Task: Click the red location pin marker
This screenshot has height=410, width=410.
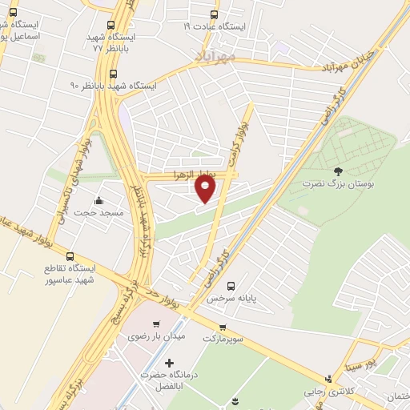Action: (x=206, y=188)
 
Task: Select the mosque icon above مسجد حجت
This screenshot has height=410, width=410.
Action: (x=98, y=201)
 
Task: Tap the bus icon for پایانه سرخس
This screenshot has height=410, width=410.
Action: (x=231, y=286)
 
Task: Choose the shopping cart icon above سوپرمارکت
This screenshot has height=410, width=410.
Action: (x=223, y=327)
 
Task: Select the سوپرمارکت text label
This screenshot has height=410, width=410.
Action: (x=222, y=339)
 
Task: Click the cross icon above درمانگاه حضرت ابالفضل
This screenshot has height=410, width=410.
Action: (x=168, y=363)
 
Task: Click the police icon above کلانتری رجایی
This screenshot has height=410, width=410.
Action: (x=328, y=379)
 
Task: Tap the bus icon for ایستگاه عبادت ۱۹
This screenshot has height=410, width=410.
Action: (x=213, y=14)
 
